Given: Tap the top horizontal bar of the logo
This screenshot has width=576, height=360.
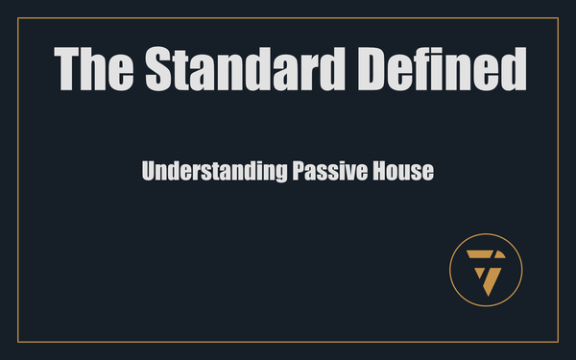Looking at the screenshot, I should pos(484,254).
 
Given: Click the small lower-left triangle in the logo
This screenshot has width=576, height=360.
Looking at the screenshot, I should pos(477,270).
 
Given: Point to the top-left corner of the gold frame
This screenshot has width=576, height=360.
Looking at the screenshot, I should pos(19,18).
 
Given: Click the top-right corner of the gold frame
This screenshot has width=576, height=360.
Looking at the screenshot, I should pos(558,18).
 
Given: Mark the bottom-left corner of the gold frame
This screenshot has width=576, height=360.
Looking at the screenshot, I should pos(19,342).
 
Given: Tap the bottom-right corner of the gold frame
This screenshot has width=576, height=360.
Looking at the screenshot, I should pos(558,342).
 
